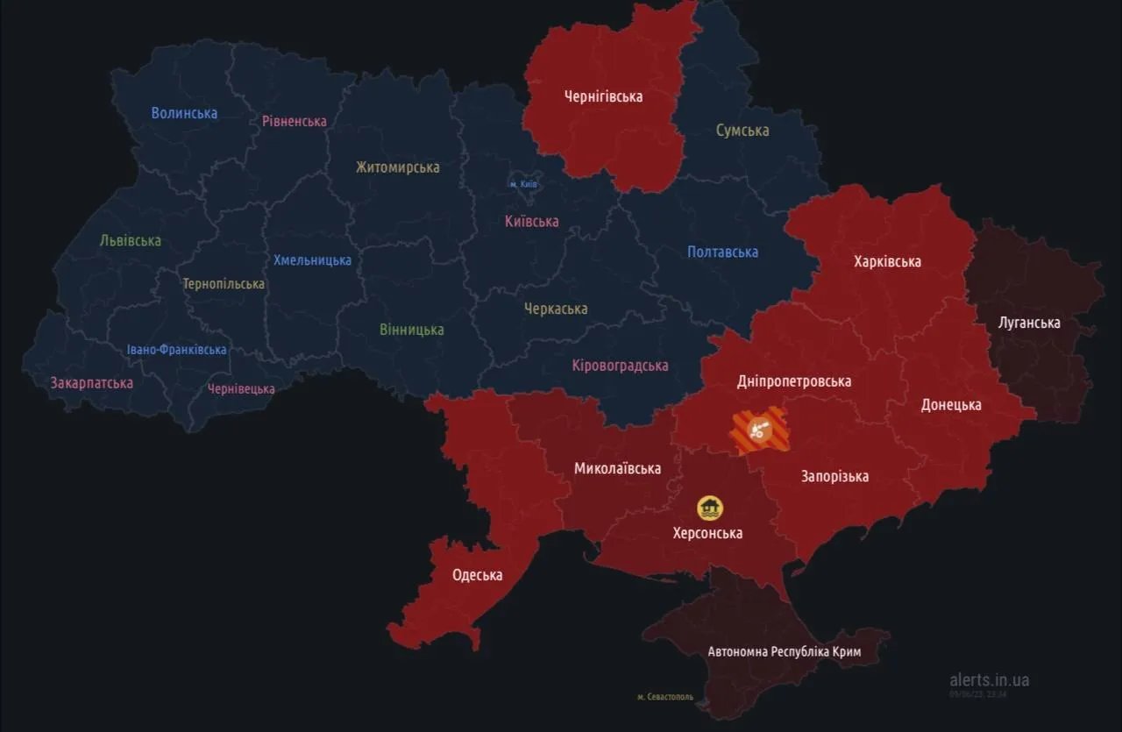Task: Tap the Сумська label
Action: [742, 131]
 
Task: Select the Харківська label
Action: [887, 261]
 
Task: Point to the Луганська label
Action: [1029, 323]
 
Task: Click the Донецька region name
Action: [951, 405]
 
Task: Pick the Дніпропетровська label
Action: [794, 381]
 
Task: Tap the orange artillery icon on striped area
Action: [761, 430]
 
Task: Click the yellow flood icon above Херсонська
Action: [709, 508]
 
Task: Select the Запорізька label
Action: [834, 476]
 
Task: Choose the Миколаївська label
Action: [617, 468]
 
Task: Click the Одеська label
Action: [477, 575]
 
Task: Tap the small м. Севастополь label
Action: [664, 697]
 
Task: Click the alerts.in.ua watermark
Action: [989, 679]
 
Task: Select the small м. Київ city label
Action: [523, 184]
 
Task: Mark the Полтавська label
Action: [722, 252]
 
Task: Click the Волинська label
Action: [184, 113]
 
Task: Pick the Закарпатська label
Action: [92, 383]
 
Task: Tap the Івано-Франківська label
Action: [176, 350]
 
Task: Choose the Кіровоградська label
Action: [620, 366]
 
